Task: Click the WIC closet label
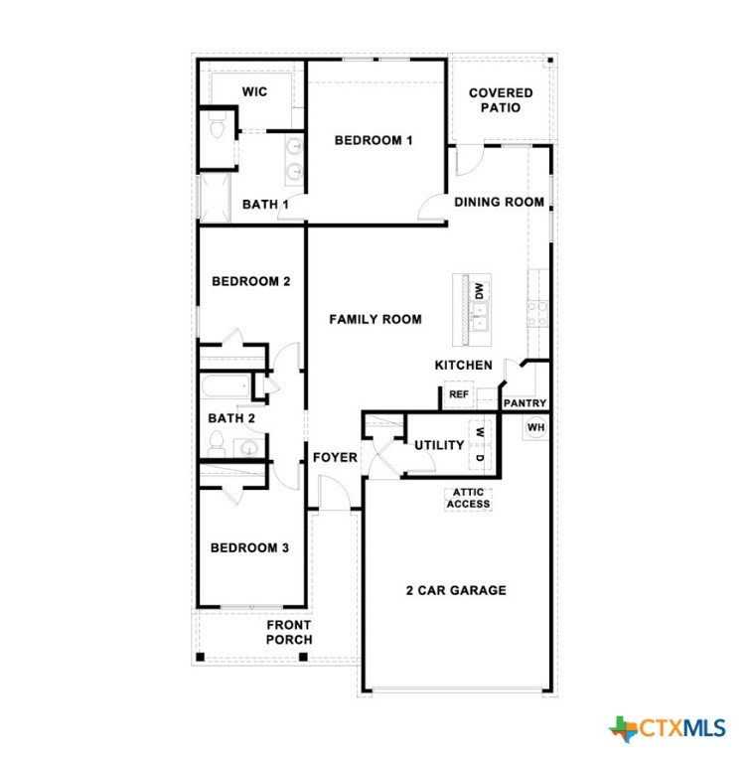[x=254, y=91]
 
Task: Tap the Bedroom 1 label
[x=374, y=140]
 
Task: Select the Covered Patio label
[x=501, y=100]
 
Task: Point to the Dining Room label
[x=499, y=202]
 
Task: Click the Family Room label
[x=375, y=319]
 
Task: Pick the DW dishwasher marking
[x=480, y=291]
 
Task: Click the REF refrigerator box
[x=459, y=394]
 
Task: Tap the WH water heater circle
[x=535, y=427]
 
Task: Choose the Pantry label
[x=524, y=403]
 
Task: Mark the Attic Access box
[x=468, y=499]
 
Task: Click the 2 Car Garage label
[x=456, y=590]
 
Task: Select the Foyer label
[x=335, y=457]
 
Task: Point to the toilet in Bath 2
[x=217, y=444]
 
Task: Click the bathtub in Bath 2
[x=226, y=386]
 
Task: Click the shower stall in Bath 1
[x=215, y=198]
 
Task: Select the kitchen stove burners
[x=537, y=314]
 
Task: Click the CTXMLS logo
[x=667, y=728]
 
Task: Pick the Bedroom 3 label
[x=249, y=548]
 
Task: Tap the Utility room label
[x=439, y=445]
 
